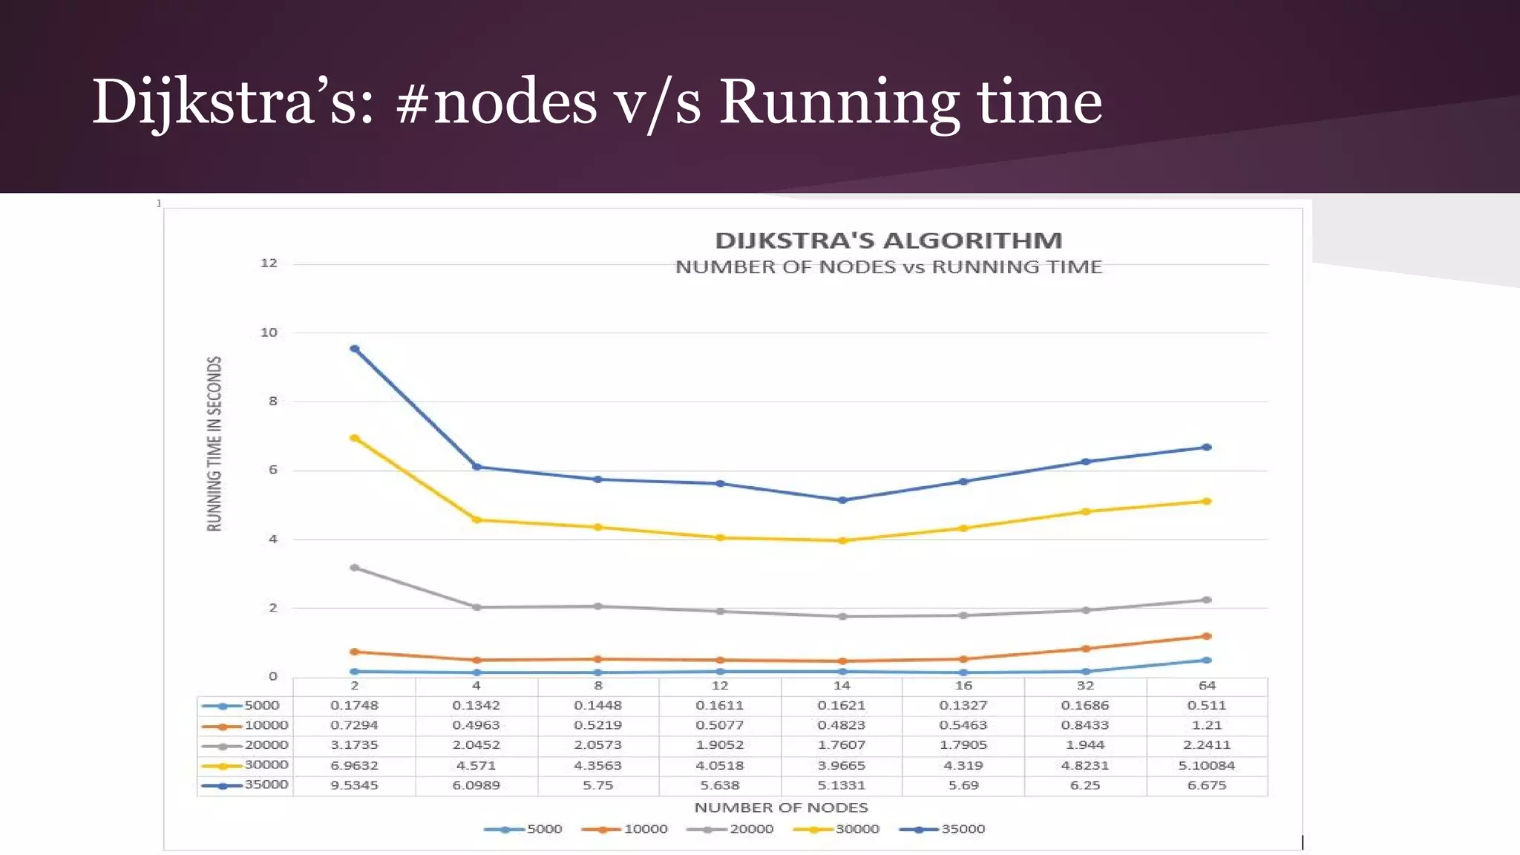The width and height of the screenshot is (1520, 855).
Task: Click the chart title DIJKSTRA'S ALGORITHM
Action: pyautogui.click(x=888, y=240)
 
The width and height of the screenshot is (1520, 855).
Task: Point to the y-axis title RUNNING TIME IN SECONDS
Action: pyautogui.click(x=214, y=443)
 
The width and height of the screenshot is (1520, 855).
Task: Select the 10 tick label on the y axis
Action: pyautogui.click(x=269, y=332)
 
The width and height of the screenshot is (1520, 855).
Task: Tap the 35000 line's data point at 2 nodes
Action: pyautogui.click(x=355, y=349)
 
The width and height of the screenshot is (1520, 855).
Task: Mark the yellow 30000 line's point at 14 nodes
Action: pyautogui.click(x=842, y=541)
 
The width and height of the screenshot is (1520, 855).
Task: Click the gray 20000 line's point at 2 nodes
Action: pyautogui.click(x=355, y=568)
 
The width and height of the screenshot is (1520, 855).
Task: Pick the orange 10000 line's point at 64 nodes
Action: pyautogui.click(x=1207, y=636)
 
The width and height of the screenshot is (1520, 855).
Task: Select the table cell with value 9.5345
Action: pyautogui.click(x=354, y=785)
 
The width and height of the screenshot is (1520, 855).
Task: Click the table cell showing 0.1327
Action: pyautogui.click(x=963, y=706)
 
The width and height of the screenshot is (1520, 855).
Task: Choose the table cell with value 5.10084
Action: pyautogui.click(x=1207, y=765)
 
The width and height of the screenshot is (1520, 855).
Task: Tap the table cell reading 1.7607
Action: pyautogui.click(x=842, y=745)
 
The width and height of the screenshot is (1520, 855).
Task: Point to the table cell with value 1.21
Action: pyautogui.click(x=1207, y=725)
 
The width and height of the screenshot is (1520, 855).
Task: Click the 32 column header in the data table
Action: pyautogui.click(x=1085, y=686)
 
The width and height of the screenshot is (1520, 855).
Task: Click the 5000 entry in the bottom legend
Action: pyautogui.click(x=544, y=829)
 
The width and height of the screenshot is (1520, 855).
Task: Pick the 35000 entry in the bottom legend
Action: pyautogui.click(x=963, y=829)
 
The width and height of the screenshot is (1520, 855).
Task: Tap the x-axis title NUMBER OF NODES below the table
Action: pyautogui.click(x=781, y=807)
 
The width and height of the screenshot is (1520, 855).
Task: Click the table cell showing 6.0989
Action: pyautogui.click(x=476, y=785)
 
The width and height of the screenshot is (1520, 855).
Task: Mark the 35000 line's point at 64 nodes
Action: pyautogui.click(x=1207, y=448)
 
